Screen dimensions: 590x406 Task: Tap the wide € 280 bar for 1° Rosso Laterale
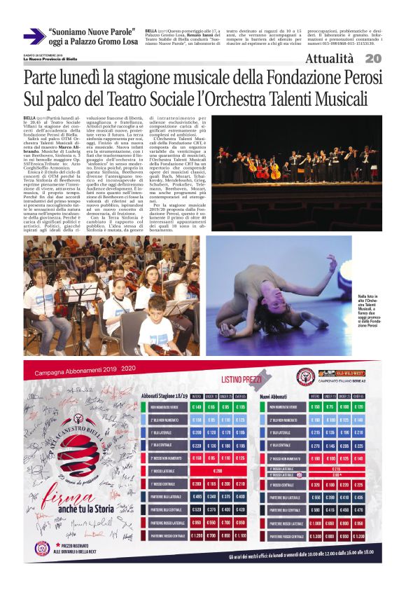218,470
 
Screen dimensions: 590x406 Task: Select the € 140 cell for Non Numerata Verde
197,407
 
